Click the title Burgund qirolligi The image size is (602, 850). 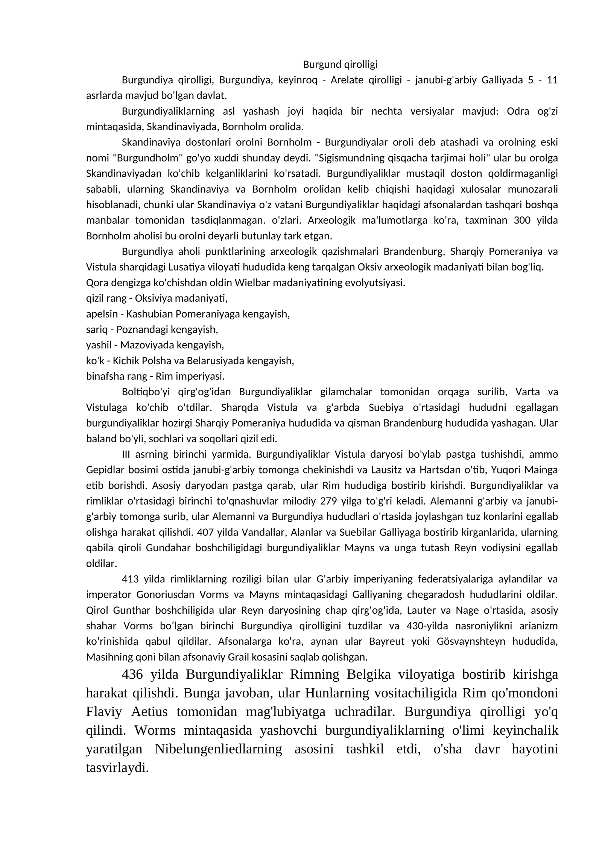340,65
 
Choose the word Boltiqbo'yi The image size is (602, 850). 146,392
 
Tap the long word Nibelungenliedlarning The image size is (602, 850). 218,749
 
